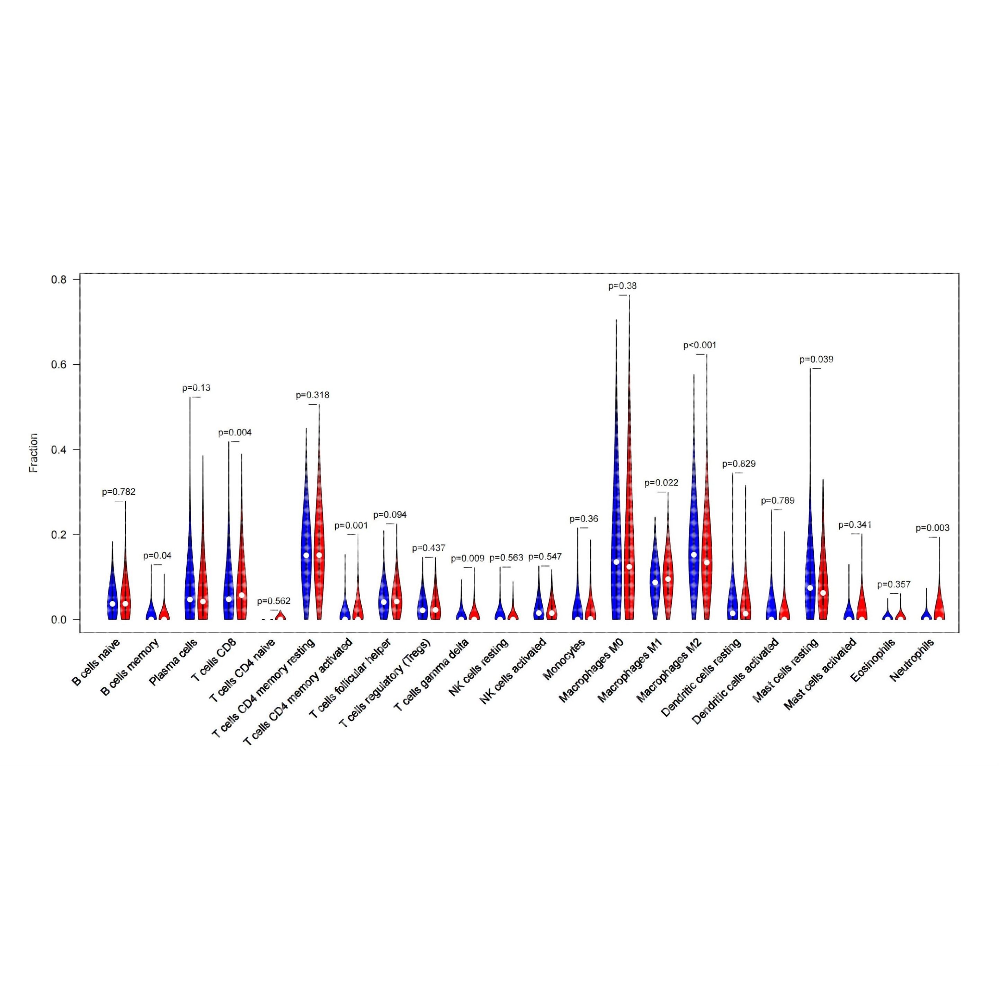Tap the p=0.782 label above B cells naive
coord(118,492)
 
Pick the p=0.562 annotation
coord(274,601)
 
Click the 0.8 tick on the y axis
coord(59,280)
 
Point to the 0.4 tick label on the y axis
coord(59,449)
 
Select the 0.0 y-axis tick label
coord(59,619)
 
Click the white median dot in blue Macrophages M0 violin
coord(616,562)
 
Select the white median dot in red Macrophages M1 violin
coord(668,579)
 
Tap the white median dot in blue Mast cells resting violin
coord(810,588)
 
